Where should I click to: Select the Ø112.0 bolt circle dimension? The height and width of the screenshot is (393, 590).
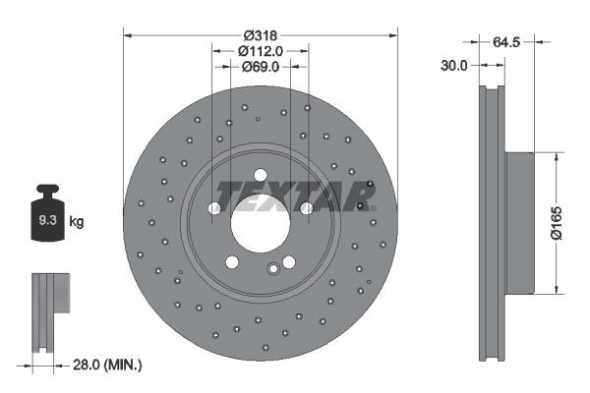point(261,50)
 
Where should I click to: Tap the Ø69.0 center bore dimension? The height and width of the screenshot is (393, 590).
point(261,67)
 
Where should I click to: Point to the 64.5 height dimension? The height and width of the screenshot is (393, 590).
point(505,41)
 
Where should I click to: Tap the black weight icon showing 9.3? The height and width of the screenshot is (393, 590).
point(47,218)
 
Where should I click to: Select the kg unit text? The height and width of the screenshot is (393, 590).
point(76,222)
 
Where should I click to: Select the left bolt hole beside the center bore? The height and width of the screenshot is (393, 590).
point(214,207)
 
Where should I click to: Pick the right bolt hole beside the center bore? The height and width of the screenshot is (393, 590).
point(306,207)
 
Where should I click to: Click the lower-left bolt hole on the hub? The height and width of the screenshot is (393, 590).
point(231,262)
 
